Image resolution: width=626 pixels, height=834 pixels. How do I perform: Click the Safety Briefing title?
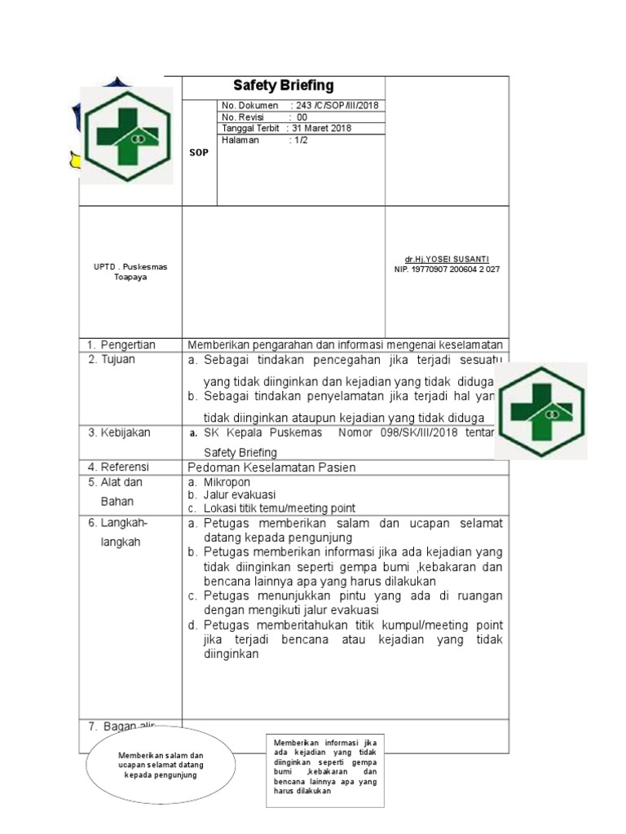pos(283,86)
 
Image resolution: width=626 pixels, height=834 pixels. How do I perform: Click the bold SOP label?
pos(199,152)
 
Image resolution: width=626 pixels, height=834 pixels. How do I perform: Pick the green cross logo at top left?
pos(126,136)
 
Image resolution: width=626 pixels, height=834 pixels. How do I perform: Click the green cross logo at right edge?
pos(540,412)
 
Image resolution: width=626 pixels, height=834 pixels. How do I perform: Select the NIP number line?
pos(447,269)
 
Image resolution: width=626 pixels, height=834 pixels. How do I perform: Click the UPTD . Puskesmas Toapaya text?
pos(130,272)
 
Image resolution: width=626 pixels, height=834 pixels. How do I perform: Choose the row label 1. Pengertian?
pos(121,345)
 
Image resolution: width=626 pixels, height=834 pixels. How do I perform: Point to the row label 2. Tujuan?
pos(112,359)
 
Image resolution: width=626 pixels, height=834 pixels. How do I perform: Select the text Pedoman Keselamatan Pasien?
pos(271,467)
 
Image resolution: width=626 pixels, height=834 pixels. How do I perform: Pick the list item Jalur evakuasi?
pos(239,494)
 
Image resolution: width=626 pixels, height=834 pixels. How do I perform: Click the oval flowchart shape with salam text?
pos(160,765)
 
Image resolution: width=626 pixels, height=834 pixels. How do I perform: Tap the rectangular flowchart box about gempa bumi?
pos(325,766)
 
